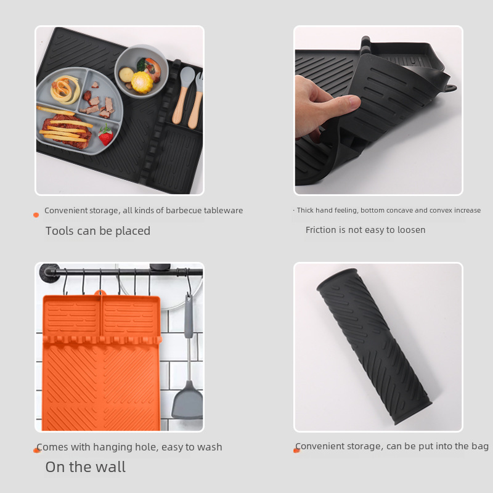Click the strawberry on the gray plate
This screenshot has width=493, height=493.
click(x=106, y=135)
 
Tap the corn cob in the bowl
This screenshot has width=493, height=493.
click(x=142, y=82)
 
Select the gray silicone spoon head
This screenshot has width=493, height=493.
click(x=187, y=76)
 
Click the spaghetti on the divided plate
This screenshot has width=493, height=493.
click(x=65, y=89)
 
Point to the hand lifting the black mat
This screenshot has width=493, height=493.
click(x=324, y=107)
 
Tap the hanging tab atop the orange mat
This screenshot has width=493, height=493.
click(x=100, y=293)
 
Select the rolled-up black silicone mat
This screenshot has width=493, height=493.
click(x=374, y=346)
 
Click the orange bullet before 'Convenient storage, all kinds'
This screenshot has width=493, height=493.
click(x=36, y=215)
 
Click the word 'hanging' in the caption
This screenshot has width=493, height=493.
click(x=115, y=447)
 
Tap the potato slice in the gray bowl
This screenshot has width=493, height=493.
click(x=126, y=75)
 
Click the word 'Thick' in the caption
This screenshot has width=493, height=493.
click(x=305, y=210)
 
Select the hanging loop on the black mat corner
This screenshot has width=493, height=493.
click(x=451, y=88)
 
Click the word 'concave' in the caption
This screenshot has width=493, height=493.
click(x=399, y=210)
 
